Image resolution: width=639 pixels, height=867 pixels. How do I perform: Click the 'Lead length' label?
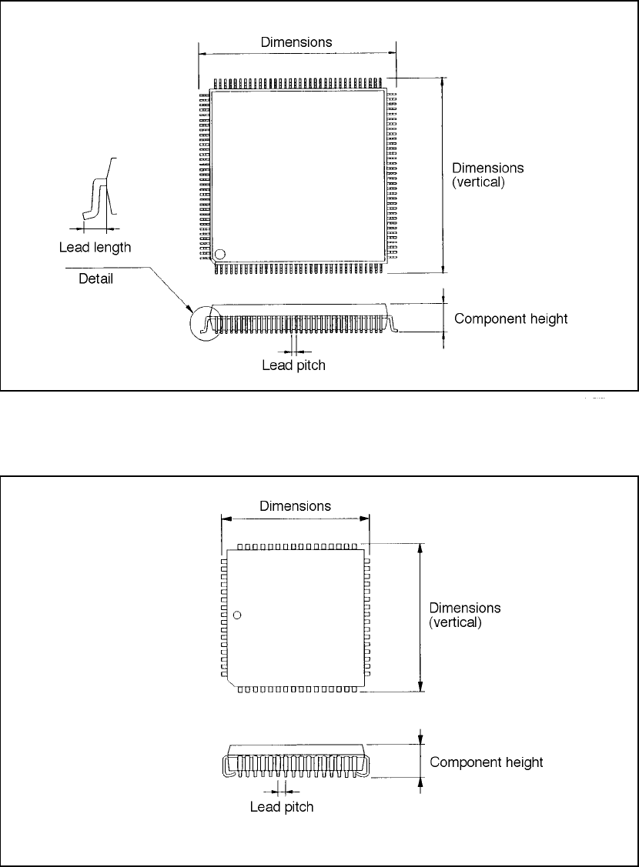tap(95, 248)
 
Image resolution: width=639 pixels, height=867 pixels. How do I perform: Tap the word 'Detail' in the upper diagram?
tap(95, 278)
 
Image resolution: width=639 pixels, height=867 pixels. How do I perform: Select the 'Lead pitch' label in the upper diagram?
tap(293, 365)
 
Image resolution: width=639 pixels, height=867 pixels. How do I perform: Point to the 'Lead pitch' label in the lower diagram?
tap(282, 807)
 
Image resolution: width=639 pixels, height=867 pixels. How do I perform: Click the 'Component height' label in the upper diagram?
tap(510, 318)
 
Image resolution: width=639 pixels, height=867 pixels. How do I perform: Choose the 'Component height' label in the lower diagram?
tap(486, 762)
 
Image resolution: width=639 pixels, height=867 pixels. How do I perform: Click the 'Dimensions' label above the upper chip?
tap(296, 42)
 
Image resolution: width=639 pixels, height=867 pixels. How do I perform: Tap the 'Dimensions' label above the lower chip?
tap(295, 506)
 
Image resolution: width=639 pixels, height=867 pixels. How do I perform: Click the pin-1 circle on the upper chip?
tap(220, 255)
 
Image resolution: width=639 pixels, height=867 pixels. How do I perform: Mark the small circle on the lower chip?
tap(237, 615)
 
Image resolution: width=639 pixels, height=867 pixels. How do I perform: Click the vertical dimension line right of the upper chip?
tap(442, 175)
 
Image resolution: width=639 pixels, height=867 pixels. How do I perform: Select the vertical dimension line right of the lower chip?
tap(420, 617)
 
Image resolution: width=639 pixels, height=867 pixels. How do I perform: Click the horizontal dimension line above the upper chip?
tap(297, 54)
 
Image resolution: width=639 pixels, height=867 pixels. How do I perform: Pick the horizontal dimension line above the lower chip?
tap(295, 519)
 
